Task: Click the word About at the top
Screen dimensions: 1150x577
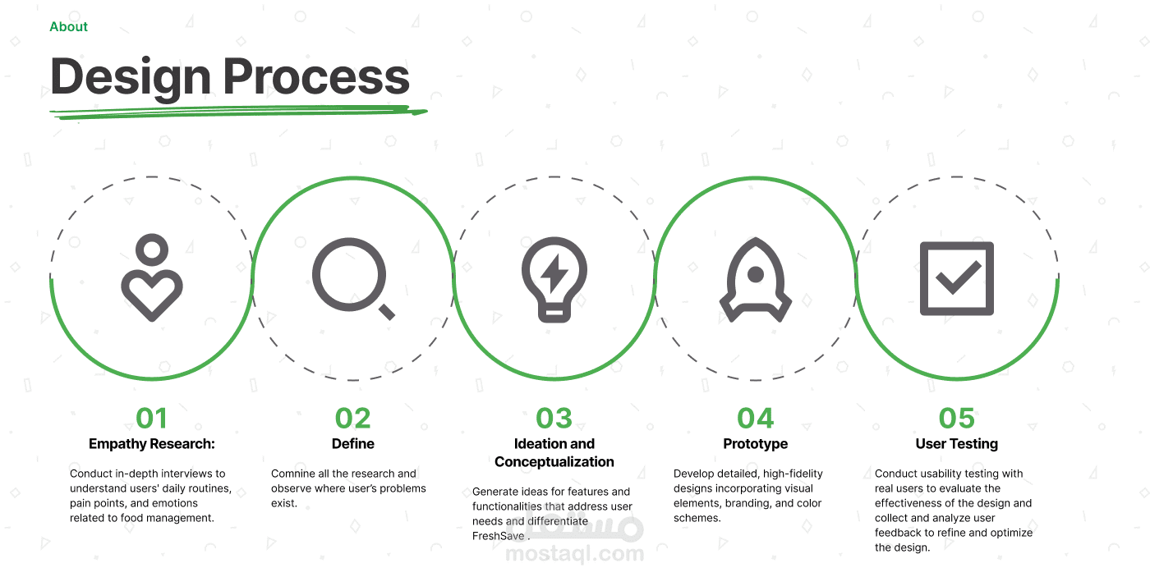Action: click(68, 26)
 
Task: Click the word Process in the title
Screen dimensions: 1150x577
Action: click(316, 77)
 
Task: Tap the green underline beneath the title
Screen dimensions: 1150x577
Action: click(238, 112)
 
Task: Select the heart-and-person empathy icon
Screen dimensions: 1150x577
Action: click(152, 277)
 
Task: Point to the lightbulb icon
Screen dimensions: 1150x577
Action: click(554, 279)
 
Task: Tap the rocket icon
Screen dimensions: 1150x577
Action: click(755, 280)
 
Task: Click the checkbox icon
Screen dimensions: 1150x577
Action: click(956, 278)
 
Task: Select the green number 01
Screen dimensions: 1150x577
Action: click(151, 418)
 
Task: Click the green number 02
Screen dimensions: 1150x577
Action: click(352, 418)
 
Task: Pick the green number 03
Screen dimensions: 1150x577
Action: click(554, 418)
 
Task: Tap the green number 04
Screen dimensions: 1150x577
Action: click(755, 418)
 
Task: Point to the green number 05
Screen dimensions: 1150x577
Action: click(956, 418)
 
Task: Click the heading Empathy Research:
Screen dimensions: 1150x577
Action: click(152, 444)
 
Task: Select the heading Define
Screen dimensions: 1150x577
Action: click(352, 444)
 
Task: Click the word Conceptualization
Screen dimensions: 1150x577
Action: click(554, 462)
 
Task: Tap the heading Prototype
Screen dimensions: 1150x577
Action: click(755, 444)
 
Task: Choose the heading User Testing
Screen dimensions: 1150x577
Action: click(956, 444)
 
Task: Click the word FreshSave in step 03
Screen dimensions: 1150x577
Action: click(498, 536)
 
